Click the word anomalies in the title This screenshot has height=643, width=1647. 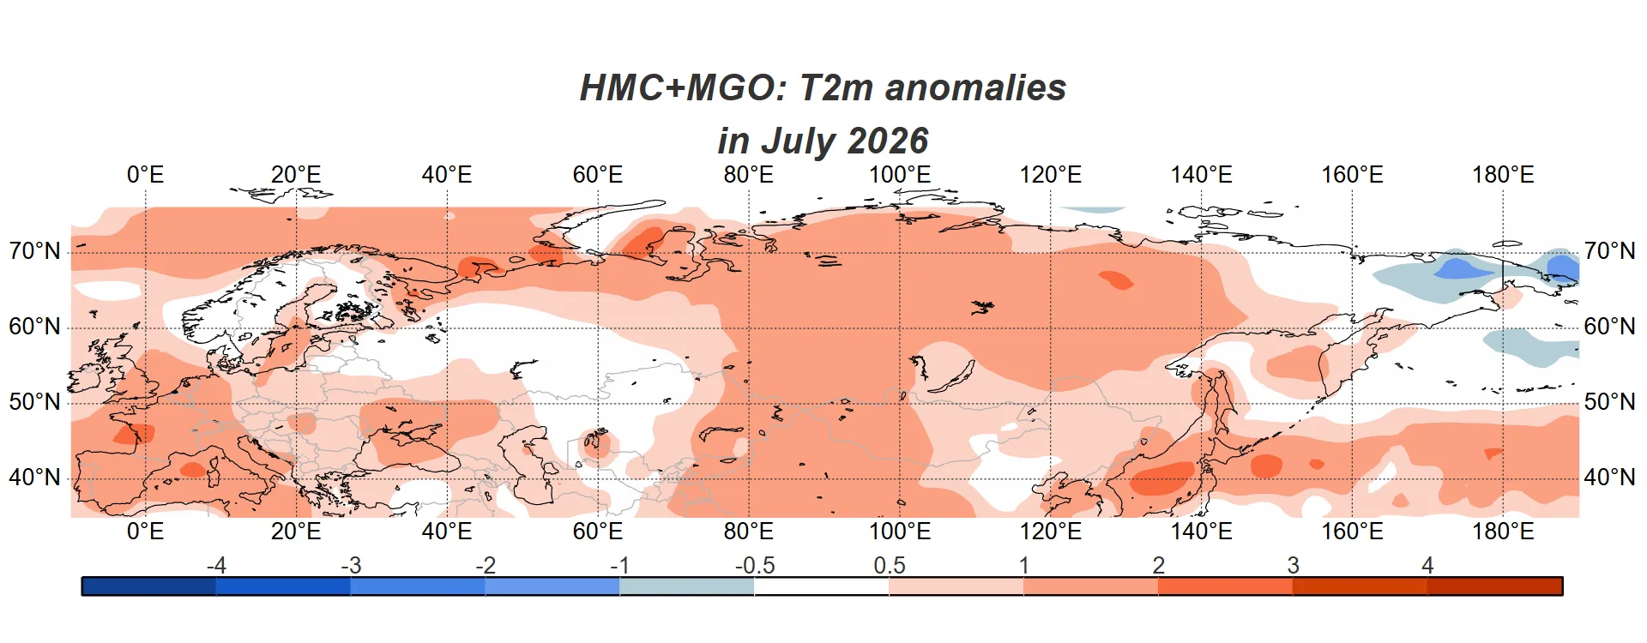[x=975, y=87]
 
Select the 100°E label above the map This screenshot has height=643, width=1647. [x=899, y=175]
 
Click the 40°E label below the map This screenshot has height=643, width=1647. [x=447, y=532]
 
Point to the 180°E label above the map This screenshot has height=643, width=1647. [x=1503, y=175]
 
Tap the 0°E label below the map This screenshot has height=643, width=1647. [x=145, y=532]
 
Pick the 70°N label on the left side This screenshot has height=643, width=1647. [x=35, y=251]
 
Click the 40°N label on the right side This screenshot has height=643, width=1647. [x=1609, y=478]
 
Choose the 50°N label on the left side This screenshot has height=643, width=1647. [x=35, y=402]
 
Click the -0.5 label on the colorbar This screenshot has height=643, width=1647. [x=754, y=566]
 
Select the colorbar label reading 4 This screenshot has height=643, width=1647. [x=1427, y=566]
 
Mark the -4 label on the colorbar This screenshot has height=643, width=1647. [x=216, y=566]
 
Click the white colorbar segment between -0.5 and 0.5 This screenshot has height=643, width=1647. [x=822, y=586]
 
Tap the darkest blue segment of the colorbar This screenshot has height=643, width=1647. [x=149, y=586]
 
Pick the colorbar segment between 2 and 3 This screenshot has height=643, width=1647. [x=1225, y=586]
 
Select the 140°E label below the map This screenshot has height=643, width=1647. [x=1201, y=532]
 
